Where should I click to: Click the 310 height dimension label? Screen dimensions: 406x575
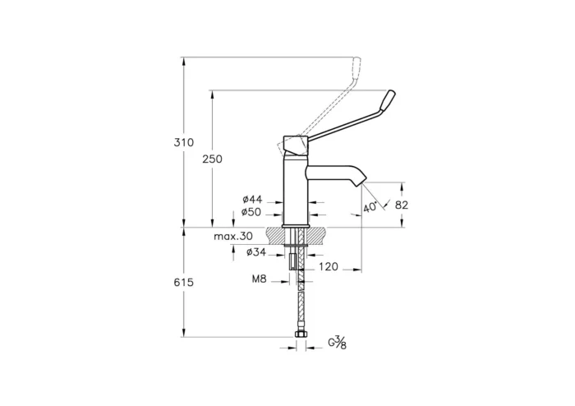pos(184,142)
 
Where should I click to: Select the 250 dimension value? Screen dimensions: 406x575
pos(212,159)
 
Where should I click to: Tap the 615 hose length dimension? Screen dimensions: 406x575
pos(184,282)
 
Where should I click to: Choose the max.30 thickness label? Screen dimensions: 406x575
pos(233,236)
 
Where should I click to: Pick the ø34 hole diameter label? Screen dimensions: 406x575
pos(255,252)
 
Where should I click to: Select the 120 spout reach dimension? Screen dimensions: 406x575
pos(329,266)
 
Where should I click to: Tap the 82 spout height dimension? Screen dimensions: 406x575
pos(402,205)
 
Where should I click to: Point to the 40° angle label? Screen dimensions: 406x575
pos(370,207)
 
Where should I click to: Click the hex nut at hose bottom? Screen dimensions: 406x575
pos(300,336)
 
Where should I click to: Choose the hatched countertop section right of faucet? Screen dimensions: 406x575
pos(320,234)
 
